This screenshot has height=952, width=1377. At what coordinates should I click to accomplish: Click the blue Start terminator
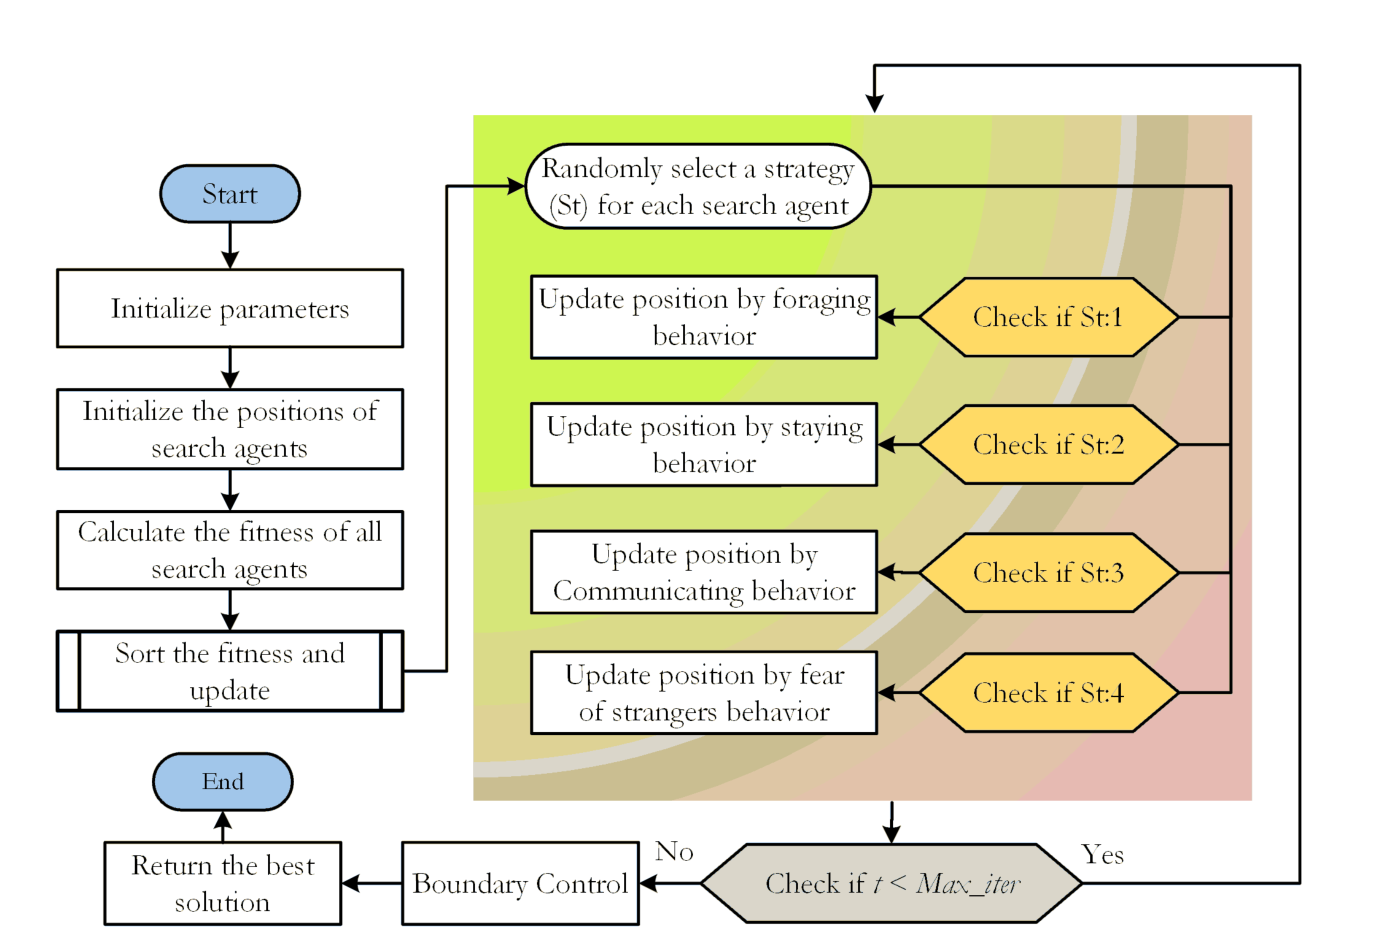pos(230,194)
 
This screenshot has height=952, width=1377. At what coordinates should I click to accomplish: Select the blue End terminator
pos(222,781)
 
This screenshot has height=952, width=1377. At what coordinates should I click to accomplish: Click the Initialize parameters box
pos(230,309)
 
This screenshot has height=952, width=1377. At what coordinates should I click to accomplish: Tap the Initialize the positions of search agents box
pos(230,429)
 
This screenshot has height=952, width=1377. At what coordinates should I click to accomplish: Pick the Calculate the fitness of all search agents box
pos(230,550)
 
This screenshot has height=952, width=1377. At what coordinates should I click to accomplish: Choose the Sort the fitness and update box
pos(230,671)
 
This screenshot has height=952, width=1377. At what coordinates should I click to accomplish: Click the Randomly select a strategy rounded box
pos(698,187)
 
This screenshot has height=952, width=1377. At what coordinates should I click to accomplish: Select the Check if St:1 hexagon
pos(1048,317)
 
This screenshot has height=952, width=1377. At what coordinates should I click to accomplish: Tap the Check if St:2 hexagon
pos(1048,445)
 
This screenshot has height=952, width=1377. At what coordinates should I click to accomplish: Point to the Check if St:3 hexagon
pos(1048,573)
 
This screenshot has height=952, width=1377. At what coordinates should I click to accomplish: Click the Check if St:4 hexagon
pos(1048,693)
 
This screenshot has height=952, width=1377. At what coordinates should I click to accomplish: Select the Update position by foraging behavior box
pos(704,317)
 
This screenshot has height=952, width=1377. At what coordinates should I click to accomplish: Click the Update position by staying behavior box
pos(704,445)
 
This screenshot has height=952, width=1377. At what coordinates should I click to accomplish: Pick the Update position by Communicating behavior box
pos(704,572)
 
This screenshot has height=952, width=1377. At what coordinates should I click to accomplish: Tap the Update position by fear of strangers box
pos(704,693)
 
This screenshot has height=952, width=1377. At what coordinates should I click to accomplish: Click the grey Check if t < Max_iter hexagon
pos(891,884)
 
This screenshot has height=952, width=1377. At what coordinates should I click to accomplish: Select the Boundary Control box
pos(520,884)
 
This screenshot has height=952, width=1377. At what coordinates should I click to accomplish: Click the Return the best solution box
pos(223,884)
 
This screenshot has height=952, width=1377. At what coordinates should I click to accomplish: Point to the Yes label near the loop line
pos(1102,855)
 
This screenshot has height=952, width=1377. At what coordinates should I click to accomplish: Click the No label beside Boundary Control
pos(674,852)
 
